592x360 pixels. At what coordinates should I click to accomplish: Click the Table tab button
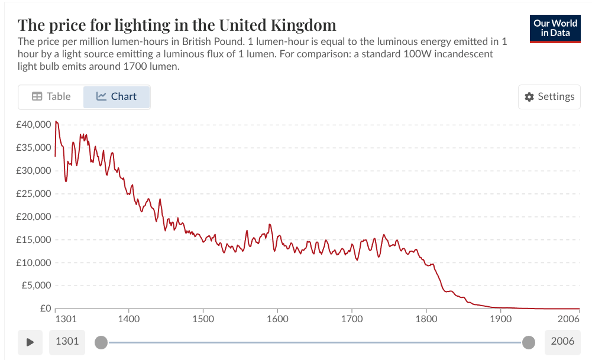pos(51,97)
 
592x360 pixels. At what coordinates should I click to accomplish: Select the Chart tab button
pos(117,97)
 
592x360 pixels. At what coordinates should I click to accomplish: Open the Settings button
pos(549,97)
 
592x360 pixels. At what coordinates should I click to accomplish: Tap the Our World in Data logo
pos(555,28)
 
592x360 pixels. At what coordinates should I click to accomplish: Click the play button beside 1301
pos(30,342)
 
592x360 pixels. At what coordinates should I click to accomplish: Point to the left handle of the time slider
pos(101,342)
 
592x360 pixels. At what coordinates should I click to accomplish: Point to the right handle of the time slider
pos(529,342)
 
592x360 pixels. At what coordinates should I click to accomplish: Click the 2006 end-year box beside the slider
pos(562,342)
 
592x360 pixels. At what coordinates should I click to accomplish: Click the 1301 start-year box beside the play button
pos(67,342)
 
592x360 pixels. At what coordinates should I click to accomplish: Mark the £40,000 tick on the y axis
pos(34,125)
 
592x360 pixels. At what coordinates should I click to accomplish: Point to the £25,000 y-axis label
pos(34,194)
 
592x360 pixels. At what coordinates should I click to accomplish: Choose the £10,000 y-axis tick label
pos(34,262)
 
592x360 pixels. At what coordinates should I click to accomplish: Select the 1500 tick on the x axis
pos(203,319)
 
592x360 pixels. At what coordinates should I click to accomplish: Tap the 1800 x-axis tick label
pos(426,319)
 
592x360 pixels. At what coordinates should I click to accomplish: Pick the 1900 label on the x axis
pos(500,319)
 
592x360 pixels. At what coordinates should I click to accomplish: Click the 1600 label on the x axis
pos(277,319)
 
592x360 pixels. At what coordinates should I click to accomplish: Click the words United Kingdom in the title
pos(277,25)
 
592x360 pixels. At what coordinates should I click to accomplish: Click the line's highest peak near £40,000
pos(56,121)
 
